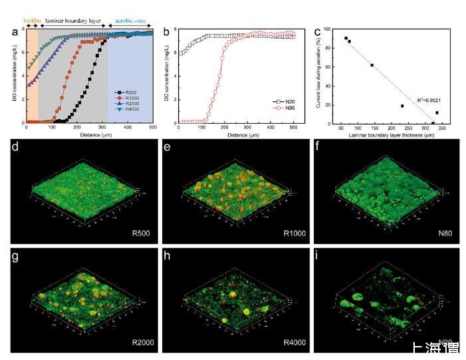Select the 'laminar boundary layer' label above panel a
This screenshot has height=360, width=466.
(73, 21)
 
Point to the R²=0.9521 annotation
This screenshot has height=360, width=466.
(428, 98)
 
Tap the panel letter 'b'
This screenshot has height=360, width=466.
(167, 31)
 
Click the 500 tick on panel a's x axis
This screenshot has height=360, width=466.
(152, 128)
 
